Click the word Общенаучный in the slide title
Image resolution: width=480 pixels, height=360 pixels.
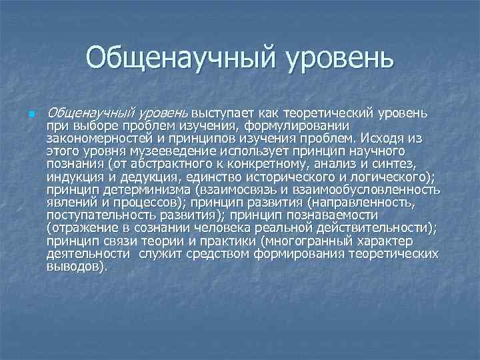coord(176,59)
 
